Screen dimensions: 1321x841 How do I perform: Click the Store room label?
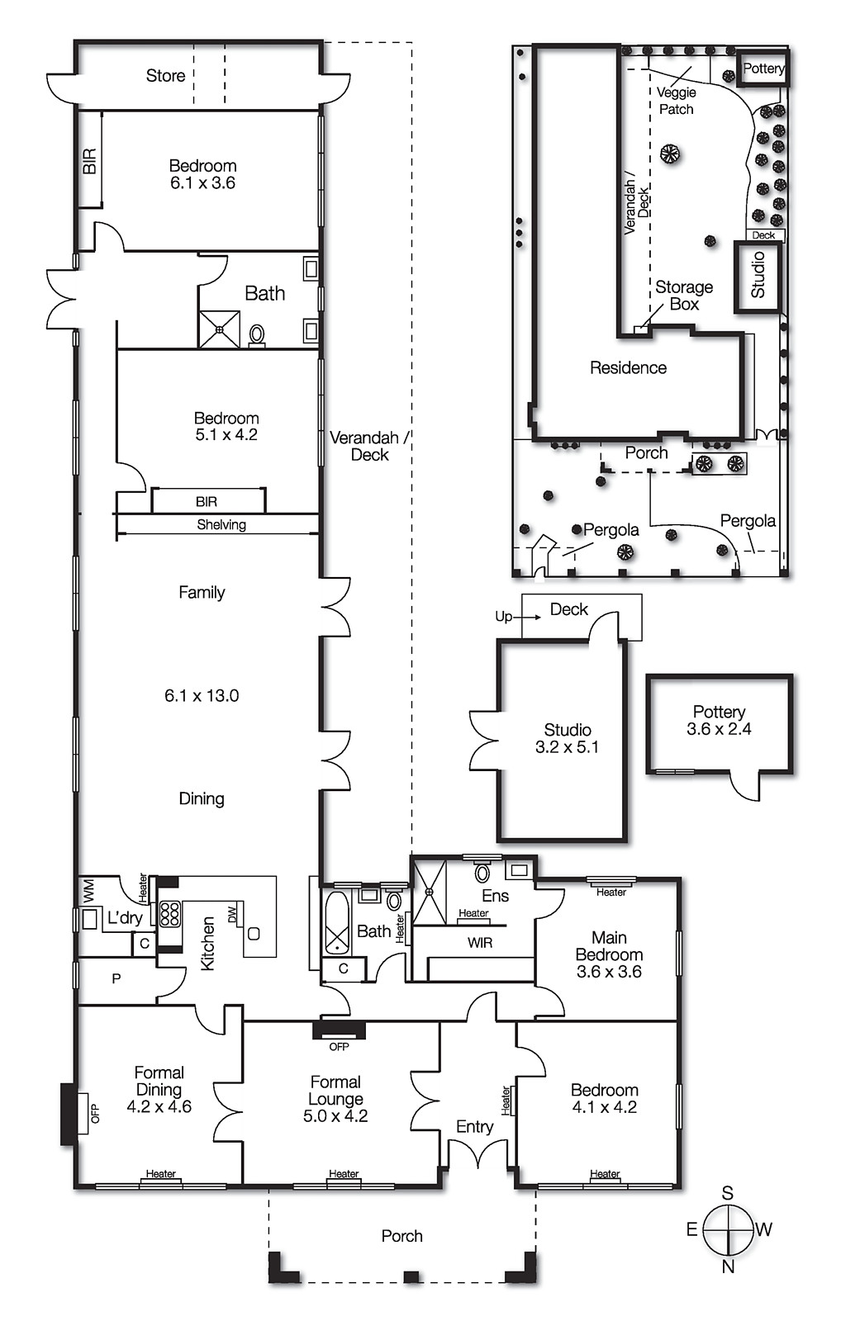(x=165, y=76)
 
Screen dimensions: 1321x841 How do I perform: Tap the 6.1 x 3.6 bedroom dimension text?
(x=202, y=183)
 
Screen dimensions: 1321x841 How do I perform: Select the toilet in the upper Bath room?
(x=257, y=334)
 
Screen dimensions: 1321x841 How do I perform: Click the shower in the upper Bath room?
(x=219, y=329)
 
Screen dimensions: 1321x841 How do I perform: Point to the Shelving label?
(x=221, y=525)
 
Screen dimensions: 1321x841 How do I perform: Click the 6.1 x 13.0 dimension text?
(x=202, y=696)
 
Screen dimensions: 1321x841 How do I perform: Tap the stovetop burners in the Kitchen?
(x=169, y=913)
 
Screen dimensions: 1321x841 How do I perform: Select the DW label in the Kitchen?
(x=232, y=914)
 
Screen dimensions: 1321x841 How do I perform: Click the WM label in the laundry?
(x=88, y=890)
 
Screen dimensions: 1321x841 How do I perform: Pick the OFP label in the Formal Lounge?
(x=339, y=1046)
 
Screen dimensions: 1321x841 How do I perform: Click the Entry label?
(x=474, y=1127)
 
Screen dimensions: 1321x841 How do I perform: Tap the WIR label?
(x=479, y=943)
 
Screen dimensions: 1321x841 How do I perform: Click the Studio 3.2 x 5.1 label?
(x=567, y=738)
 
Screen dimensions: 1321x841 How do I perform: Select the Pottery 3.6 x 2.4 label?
(x=719, y=720)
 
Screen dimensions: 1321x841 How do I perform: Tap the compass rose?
(x=729, y=1229)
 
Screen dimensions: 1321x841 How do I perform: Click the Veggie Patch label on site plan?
(x=676, y=101)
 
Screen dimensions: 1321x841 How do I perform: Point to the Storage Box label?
(x=684, y=296)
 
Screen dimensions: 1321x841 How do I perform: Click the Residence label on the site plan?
(x=628, y=368)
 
